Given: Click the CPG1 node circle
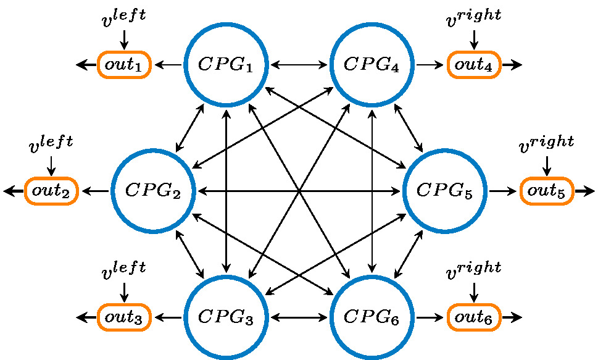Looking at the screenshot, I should (x=226, y=64).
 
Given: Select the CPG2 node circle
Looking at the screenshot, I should (x=154, y=191).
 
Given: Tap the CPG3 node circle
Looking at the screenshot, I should (x=226, y=317).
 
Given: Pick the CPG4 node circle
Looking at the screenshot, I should (x=372, y=64).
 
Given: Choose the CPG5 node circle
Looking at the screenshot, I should (x=444, y=191).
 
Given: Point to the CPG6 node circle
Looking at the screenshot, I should (x=372, y=317).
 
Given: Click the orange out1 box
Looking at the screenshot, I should (x=124, y=64).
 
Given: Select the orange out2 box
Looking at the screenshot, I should (x=51, y=191).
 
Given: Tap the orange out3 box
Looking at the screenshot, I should (x=124, y=317).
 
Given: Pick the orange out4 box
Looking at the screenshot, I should (x=474, y=64).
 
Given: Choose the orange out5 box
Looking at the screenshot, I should (x=547, y=191).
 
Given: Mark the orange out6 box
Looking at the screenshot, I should (x=474, y=317).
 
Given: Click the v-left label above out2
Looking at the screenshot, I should (x=51, y=144).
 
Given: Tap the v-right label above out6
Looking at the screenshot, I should (x=474, y=270).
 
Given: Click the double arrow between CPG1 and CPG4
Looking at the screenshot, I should (x=299, y=64).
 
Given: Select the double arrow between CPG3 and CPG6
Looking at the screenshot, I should (x=299, y=317).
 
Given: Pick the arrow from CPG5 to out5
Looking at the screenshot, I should (x=503, y=191).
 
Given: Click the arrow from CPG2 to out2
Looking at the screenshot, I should (x=95, y=191).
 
